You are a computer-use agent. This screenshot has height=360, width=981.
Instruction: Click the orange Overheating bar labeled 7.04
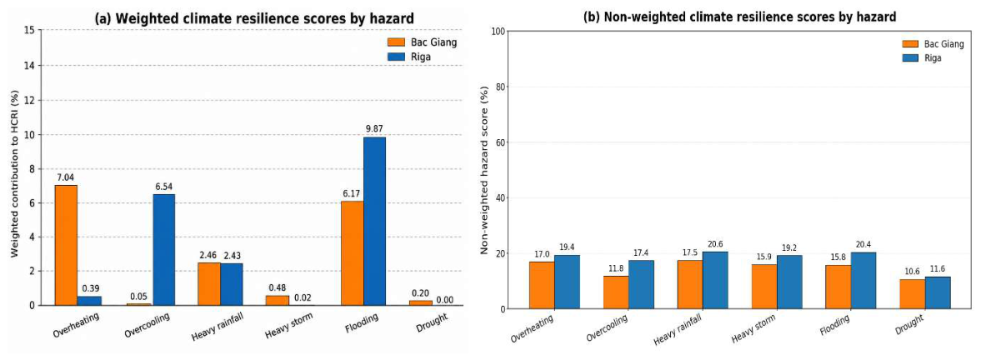(67, 245)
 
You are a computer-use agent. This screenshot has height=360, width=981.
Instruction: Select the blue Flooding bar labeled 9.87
(374, 222)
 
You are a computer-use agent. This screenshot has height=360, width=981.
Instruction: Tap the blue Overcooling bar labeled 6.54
(164, 250)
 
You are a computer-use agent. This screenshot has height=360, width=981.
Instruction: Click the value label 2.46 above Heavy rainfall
(208, 255)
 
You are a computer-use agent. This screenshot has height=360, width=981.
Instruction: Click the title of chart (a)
(254, 18)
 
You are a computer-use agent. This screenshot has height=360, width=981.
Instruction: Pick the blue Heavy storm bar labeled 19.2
(789, 282)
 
